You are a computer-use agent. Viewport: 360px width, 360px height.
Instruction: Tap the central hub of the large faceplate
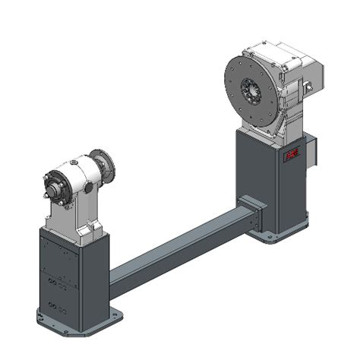(252, 93)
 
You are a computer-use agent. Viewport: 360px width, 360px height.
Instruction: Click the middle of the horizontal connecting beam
(178, 250)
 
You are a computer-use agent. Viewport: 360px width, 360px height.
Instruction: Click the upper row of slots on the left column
(56, 282)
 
